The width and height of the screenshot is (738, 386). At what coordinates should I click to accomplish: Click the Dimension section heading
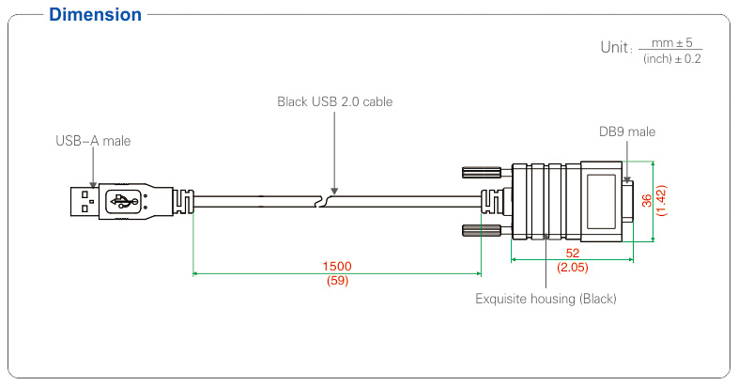[95, 15]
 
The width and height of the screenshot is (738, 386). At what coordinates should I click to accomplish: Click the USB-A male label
[93, 141]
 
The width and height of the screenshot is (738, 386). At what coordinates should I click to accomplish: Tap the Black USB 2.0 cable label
[334, 100]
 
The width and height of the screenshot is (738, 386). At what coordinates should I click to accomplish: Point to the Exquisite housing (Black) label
[546, 299]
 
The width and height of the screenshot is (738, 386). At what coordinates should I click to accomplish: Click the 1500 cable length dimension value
[336, 266]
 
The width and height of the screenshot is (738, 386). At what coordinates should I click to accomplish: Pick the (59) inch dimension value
[336, 280]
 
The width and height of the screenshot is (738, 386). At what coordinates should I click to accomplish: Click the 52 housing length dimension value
[571, 254]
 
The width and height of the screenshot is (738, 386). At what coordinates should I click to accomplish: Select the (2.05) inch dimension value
[571, 268]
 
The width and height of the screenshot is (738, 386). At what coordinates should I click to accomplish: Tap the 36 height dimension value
[646, 200]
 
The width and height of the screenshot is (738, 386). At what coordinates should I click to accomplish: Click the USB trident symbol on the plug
[125, 200]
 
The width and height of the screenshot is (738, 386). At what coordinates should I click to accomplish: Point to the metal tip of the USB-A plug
[83, 200]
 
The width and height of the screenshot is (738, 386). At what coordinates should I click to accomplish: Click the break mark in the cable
[325, 199]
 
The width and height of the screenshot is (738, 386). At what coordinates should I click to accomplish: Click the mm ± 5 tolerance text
[669, 41]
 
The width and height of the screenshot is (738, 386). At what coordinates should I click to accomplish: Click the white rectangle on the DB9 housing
[604, 202]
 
